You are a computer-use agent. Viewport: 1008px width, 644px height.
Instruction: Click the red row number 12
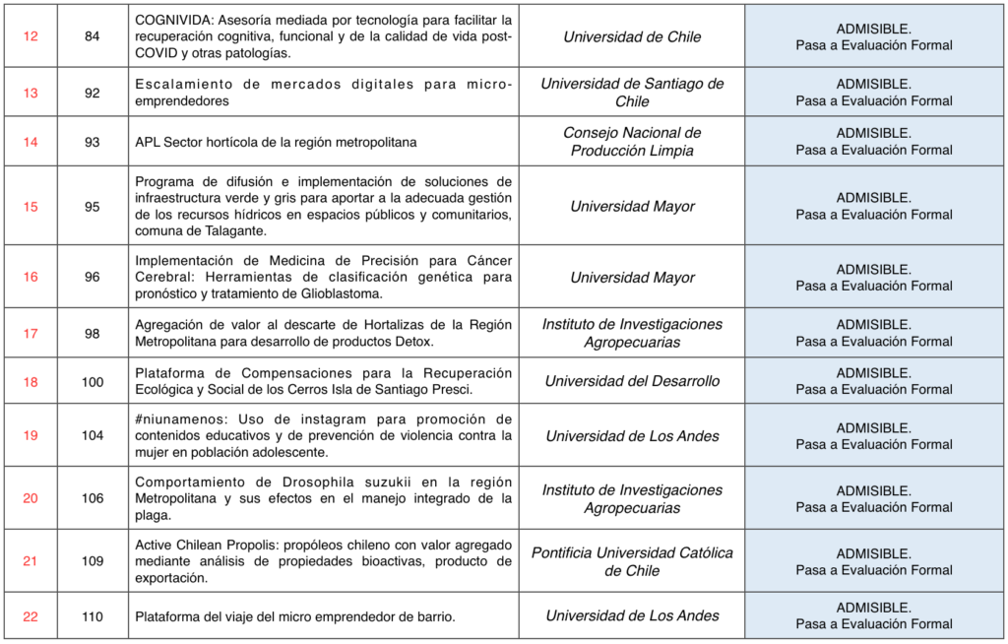tap(31, 36)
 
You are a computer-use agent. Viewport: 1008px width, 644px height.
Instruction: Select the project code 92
tap(93, 93)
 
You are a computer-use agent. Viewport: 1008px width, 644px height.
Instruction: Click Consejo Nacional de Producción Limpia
tap(631, 142)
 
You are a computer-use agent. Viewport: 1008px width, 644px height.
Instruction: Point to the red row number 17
tap(31, 333)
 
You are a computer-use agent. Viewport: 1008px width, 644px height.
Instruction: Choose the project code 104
tap(93, 435)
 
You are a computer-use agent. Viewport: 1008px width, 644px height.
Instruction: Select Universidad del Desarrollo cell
tap(631, 381)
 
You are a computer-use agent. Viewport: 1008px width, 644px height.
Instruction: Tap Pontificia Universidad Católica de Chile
tap(631, 561)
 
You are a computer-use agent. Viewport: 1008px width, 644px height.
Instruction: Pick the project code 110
tap(93, 616)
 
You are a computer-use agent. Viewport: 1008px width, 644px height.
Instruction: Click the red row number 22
tap(31, 616)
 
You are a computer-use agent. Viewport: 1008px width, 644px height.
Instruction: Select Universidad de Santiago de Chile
tap(631, 93)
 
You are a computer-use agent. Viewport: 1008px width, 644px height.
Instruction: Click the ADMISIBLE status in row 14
tap(873, 133)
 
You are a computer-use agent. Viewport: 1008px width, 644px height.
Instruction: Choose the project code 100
tap(93, 382)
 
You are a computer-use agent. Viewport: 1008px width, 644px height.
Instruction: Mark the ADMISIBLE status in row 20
tap(873, 490)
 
